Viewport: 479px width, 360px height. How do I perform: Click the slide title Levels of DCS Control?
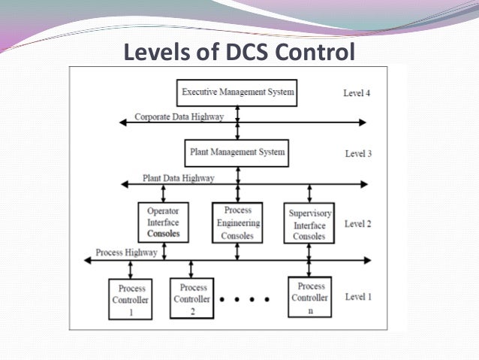[239, 53]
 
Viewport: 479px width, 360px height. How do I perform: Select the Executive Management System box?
[237, 93]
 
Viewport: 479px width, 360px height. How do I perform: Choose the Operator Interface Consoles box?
[164, 222]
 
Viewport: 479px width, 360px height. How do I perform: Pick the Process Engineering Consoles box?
[237, 222]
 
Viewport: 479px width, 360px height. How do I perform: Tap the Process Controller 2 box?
[194, 298]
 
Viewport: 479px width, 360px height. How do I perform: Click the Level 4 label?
[357, 94]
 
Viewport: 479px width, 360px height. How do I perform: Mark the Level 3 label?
[358, 154]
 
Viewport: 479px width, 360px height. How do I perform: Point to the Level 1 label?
[357, 297]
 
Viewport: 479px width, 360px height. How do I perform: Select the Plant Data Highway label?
[178, 178]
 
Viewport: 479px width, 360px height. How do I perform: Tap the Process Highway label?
[127, 253]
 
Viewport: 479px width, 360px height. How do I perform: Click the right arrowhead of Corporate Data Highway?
[363, 122]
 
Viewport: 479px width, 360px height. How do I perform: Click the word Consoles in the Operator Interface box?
[164, 235]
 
